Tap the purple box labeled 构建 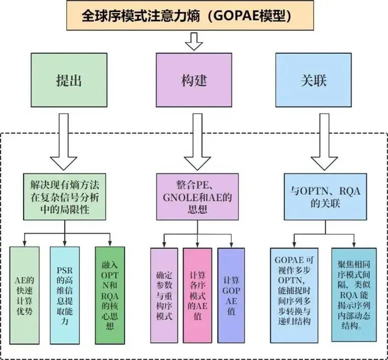pos(193,80)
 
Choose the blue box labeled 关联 pos(313,80)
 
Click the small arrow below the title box pos(193,41)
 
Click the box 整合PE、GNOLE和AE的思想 pos(197,197)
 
